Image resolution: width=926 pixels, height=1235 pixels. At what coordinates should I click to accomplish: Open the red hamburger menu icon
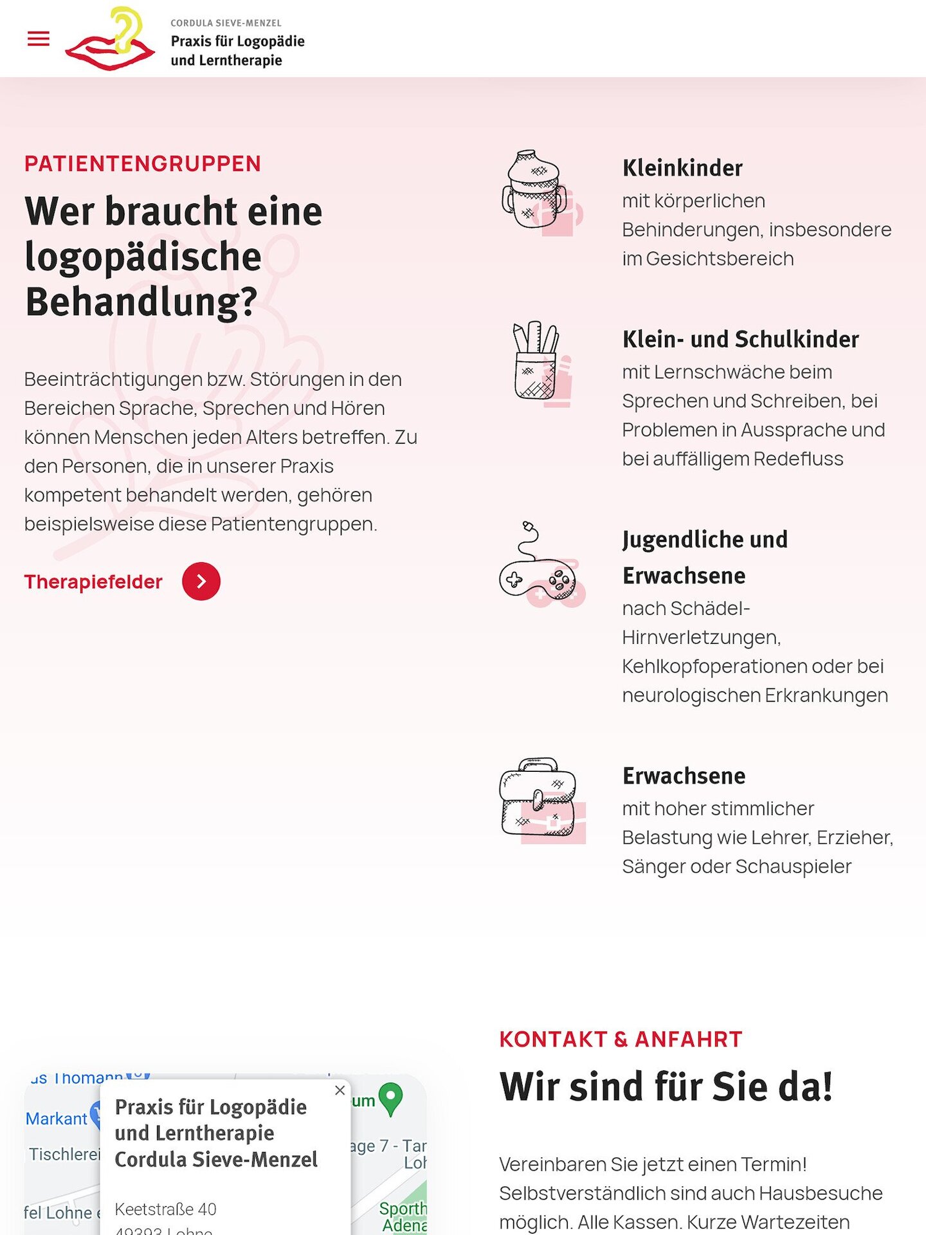click(39, 39)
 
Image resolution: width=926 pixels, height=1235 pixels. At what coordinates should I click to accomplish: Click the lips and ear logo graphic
click(111, 40)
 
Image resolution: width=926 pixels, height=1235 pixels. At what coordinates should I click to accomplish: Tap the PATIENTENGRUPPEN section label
click(143, 164)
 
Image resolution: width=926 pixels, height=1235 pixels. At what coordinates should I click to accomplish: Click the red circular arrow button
click(201, 581)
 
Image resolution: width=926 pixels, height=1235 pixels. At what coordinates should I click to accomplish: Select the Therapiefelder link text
click(93, 581)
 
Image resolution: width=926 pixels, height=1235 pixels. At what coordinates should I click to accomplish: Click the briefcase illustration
click(540, 799)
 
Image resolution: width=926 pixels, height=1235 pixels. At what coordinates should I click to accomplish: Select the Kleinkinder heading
click(682, 169)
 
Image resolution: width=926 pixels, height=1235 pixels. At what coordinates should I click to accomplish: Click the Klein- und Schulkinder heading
click(740, 340)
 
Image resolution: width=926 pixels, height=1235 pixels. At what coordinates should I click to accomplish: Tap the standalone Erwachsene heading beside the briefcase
click(684, 776)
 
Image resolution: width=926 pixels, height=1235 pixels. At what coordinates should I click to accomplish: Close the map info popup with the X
click(340, 1090)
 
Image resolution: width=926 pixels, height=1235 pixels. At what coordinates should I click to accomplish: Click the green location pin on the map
click(391, 1098)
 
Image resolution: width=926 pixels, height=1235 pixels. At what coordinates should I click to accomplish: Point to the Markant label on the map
click(56, 1119)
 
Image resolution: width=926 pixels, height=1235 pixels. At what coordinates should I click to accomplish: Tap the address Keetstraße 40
click(165, 1209)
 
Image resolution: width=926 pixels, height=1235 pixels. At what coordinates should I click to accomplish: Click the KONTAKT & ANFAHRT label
click(621, 1039)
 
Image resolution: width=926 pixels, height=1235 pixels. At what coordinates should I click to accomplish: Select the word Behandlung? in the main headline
click(141, 302)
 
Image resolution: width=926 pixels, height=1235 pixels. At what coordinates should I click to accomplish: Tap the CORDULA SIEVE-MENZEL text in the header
click(226, 23)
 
